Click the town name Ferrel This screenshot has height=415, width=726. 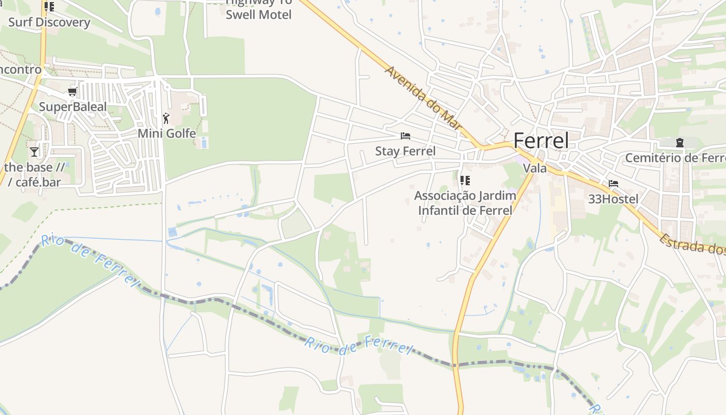click(540, 141)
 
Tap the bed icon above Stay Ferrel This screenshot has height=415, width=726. click(406, 136)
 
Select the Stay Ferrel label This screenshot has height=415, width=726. click(406, 151)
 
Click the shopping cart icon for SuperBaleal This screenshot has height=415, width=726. click(73, 92)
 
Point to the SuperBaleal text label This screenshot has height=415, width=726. click(73, 107)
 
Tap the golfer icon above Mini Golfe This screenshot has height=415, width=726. click(166, 118)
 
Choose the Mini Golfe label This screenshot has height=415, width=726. click(166, 133)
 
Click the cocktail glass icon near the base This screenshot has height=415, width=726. click(34, 152)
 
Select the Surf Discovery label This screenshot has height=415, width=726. click(49, 22)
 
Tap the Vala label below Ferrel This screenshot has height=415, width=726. click(535, 168)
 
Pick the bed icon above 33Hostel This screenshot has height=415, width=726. click(613, 184)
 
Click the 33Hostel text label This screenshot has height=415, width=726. click(613, 199)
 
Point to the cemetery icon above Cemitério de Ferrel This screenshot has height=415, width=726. click(679, 143)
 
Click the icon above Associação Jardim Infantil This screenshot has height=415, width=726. click(465, 181)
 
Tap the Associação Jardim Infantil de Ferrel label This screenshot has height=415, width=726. click(465, 203)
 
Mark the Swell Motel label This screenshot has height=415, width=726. click(259, 15)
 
